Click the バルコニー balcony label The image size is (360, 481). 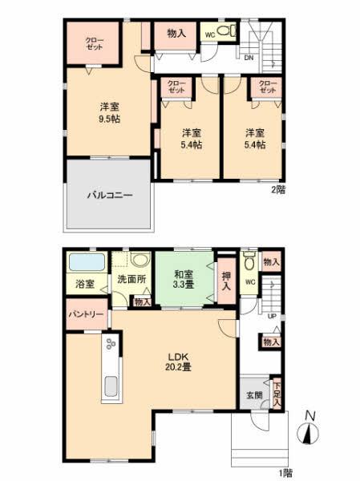coord(110,196)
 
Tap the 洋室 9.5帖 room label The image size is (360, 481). coord(109,113)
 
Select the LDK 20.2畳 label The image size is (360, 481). coord(178,362)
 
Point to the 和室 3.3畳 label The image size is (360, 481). coord(184,279)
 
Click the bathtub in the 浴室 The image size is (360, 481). coord(87,262)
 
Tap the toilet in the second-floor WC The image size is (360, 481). coord(226,30)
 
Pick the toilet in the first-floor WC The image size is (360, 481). coord(250,262)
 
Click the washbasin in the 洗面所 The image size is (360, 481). coord(140,260)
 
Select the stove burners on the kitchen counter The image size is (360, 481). coord(110,343)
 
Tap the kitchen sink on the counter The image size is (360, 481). coord(111,386)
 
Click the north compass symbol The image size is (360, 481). coord(308,430)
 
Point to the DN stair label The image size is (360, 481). coord(249,58)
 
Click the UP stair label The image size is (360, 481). coord(272,317)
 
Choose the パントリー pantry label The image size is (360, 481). coord(86,314)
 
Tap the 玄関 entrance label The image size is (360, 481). coord(254,395)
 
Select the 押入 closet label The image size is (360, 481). coord(226,281)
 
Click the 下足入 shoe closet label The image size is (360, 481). coord(277,393)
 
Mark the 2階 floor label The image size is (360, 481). coord(278,190)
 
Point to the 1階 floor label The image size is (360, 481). coord(285,473)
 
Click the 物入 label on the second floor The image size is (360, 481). coord(176,33)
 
